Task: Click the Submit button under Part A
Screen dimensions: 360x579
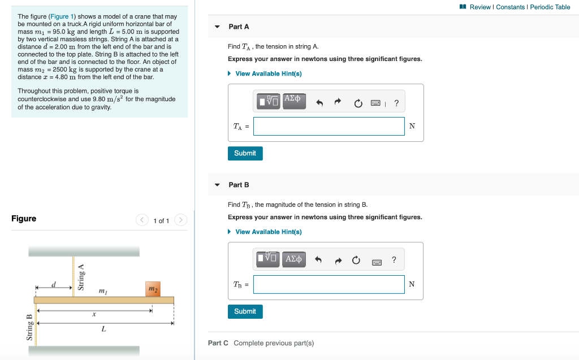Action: [245, 153]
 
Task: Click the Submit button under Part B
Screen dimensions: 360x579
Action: [245, 311]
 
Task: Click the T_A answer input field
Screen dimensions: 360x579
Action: [329, 126]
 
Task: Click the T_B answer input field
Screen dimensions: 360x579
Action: [329, 284]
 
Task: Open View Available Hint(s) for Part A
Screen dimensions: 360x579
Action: [268, 73]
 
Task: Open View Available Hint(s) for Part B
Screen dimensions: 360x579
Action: [268, 232]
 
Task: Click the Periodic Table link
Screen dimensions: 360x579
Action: [550, 7]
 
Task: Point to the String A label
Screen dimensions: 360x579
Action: [81, 277]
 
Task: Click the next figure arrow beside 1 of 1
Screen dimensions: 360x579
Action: [180, 220]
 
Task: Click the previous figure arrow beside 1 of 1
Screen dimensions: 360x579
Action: [142, 220]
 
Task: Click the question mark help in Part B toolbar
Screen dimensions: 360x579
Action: [394, 260]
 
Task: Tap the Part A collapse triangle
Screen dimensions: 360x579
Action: [217, 27]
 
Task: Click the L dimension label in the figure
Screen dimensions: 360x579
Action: [103, 329]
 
